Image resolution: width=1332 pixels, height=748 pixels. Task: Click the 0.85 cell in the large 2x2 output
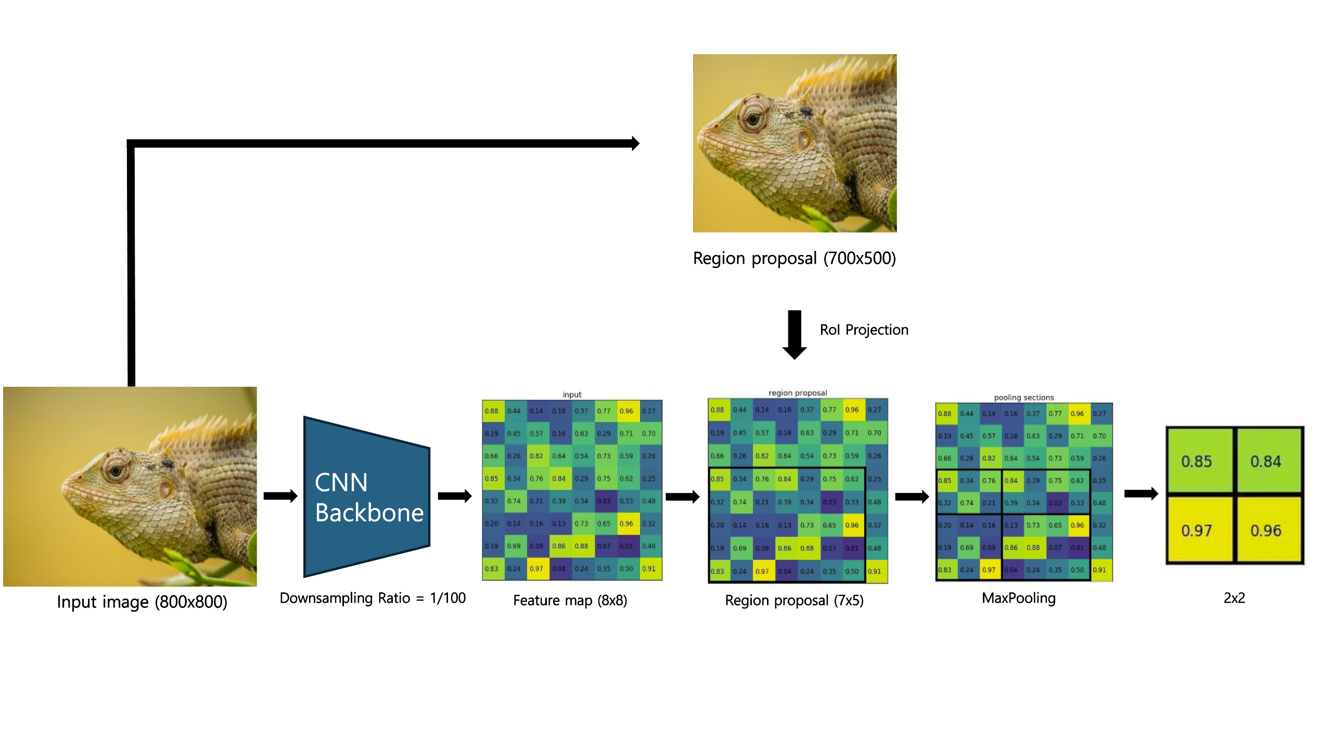(1198, 461)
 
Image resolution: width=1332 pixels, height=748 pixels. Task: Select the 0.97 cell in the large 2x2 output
(1198, 530)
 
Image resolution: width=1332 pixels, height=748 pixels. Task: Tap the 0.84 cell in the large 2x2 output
(1267, 461)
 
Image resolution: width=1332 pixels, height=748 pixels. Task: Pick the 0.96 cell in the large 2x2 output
(1267, 530)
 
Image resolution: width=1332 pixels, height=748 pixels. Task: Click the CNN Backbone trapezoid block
(367, 497)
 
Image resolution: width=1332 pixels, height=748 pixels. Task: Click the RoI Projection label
(864, 329)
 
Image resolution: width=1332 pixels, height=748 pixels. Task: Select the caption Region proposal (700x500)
(794, 258)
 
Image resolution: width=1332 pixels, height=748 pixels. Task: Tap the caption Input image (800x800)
(142, 602)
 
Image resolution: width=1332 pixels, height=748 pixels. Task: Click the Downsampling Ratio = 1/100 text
(373, 598)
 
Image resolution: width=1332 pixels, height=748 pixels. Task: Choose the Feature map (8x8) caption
(570, 600)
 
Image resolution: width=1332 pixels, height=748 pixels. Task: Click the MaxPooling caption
(1018, 598)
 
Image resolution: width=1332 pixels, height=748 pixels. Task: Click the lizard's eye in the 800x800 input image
(116, 471)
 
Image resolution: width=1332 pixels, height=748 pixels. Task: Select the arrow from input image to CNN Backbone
(280, 496)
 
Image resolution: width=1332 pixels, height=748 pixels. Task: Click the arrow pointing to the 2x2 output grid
(1141, 493)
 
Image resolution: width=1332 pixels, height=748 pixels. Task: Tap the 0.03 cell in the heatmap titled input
(604, 501)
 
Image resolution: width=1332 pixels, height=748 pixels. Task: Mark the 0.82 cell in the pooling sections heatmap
(989, 458)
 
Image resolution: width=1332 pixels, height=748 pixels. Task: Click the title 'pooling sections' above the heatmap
(1023, 397)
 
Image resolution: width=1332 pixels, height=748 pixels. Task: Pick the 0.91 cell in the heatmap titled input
(649, 568)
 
